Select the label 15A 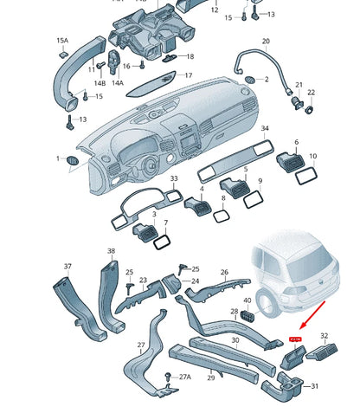[62, 41]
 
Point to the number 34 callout [264, 128]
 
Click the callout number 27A [185, 378]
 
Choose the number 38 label [111, 251]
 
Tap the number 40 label [247, 300]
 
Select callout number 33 [173, 179]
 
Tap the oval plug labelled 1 [72, 160]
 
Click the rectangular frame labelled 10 [305, 176]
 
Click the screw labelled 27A [167, 375]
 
